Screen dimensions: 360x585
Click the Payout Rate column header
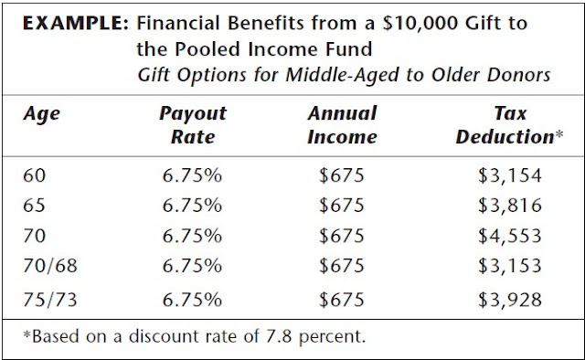pyautogui.click(x=192, y=126)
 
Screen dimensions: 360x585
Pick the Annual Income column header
pyautogui.click(x=342, y=126)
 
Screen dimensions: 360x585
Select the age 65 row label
pyautogui.click(x=33, y=206)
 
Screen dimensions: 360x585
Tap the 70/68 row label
pyautogui.click(x=47, y=267)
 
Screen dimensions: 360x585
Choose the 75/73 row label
pyautogui.click(x=47, y=298)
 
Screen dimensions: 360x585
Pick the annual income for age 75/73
pyautogui.click(x=342, y=298)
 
